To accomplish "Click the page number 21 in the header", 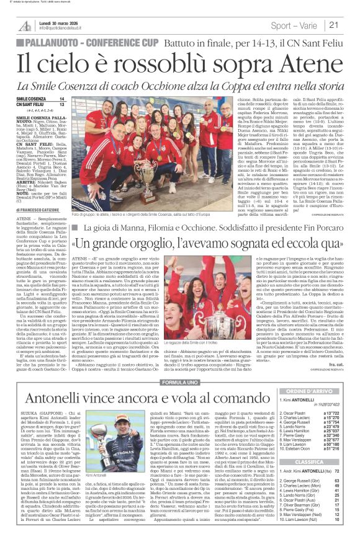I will pos(350,25).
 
